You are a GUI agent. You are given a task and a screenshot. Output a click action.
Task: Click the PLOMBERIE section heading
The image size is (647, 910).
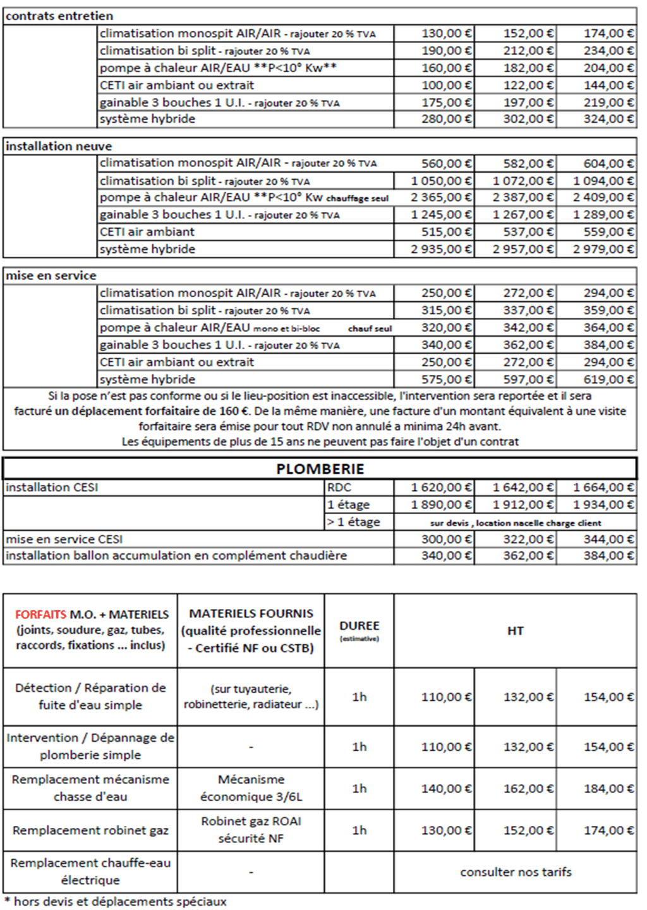pyautogui.click(x=320, y=469)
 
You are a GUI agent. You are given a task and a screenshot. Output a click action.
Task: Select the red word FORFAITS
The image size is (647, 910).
pyautogui.click(x=40, y=614)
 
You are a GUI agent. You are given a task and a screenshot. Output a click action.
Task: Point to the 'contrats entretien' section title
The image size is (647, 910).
pyautogui.click(x=59, y=16)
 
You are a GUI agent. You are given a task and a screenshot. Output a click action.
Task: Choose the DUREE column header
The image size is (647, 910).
pyautogui.click(x=359, y=626)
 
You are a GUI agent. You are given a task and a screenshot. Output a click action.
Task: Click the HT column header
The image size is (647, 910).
pyautogui.click(x=515, y=630)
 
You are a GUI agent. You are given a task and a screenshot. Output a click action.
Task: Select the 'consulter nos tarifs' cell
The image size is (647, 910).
pyautogui.click(x=516, y=872)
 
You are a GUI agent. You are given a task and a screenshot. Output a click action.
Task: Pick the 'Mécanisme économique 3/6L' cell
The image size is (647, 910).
pyautogui.click(x=251, y=788)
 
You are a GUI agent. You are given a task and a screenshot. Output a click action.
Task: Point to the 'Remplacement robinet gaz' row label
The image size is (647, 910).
pyautogui.click(x=90, y=830)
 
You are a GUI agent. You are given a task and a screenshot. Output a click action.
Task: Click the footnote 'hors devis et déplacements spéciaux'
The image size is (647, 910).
pyautogui.click(x=119, y=902)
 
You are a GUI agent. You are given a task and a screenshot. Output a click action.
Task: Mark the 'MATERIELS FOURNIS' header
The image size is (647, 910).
pyautogui.click(x=251, y=613)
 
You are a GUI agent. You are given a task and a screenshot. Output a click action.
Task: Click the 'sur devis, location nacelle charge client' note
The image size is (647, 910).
pyautogui.click(x=515, y=523)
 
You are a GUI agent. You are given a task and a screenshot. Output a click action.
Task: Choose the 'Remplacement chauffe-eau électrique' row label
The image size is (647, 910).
pyautogui.click(x=90, y=871)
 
